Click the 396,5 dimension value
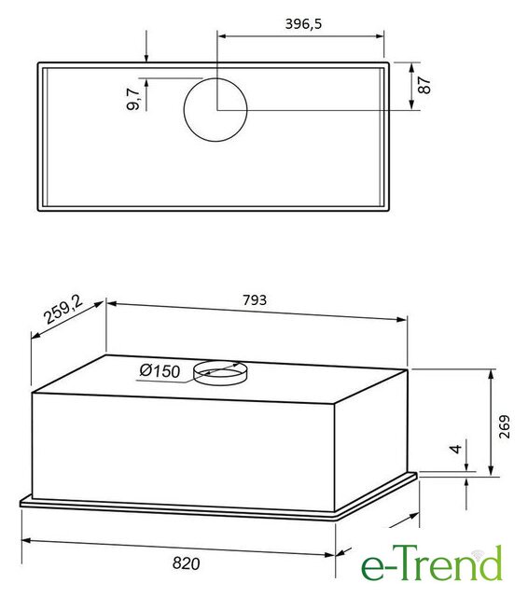(x=303, y=24)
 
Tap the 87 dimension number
(x=424, y=85)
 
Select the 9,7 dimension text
(x=133, y=99)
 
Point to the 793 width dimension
(x=255, y=300)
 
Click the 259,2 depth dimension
(x=63, y=309)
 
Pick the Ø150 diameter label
(x=160, y=370)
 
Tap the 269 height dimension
(x=504, y=426)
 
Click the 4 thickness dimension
(x=455, y=449)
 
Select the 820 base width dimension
(x=186, y=563)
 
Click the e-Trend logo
(x=431, y=563)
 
